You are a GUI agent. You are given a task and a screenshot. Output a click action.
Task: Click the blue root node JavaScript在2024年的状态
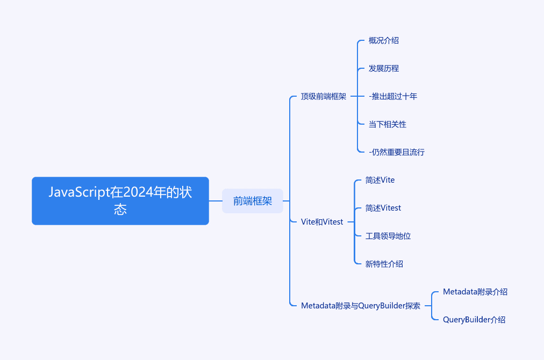pyautogui.click(x=120, y=201)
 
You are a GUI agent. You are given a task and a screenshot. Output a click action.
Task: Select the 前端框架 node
pyautogui.click(x=253, y=201)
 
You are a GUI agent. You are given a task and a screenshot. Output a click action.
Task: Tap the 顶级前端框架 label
pyautogui.click(x=324, y=96)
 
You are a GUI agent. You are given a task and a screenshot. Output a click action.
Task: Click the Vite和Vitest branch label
pyautogui.click(x=322, y=222)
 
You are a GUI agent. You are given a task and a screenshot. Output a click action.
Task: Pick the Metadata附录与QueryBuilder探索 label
pyautogui.click(x=361, y=306)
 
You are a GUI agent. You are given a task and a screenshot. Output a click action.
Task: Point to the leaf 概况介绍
pyautogui.click(x=383, y=41)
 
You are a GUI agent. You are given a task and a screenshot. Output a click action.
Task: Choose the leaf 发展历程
pyautogui.click(x=383, y=68)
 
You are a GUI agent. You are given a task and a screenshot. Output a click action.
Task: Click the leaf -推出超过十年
pyautogui.click(x=393, y=96)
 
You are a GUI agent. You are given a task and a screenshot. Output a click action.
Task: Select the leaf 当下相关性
pyautogui.click(x=387, y=124)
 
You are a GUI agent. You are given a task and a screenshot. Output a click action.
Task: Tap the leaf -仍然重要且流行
pyautogui.click(x=397, y=152)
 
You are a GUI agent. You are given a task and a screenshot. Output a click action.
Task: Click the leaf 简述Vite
pyautogui.click(x=380, y=180)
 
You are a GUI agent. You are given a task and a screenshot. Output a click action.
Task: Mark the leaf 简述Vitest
pyautogui.click(x=383, y=208)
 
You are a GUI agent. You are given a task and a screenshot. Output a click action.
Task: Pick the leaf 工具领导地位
pyautogui.click(x=388, y=236)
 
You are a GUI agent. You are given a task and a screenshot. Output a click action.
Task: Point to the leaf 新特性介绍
pyautogui.click(x=384, y=264)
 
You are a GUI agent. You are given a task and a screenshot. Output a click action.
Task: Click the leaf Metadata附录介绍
pyautogui.click(x=475, y=292)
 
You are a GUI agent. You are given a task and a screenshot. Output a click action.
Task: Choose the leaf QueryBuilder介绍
pyautogui.click(x=474, y=320)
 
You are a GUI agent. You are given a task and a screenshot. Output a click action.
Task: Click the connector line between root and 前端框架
pyautogui.click(x=216, y=201)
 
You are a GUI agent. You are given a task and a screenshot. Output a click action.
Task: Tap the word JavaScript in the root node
pyautogui.click(x=79, y=192)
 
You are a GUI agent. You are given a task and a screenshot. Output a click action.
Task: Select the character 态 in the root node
pyautogui.click(x=120, y=210)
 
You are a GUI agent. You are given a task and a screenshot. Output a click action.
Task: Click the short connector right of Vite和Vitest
pyautogui.click(x=351, y=222)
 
